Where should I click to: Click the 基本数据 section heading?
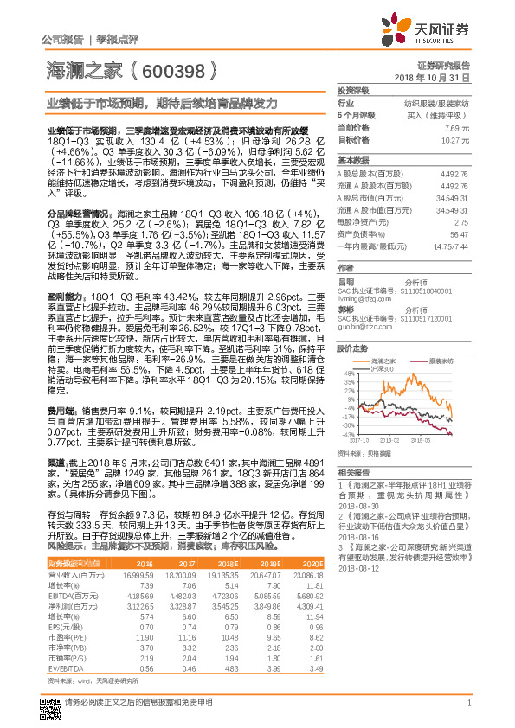click(352, 161)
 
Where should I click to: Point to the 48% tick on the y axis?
click(349, 374)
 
